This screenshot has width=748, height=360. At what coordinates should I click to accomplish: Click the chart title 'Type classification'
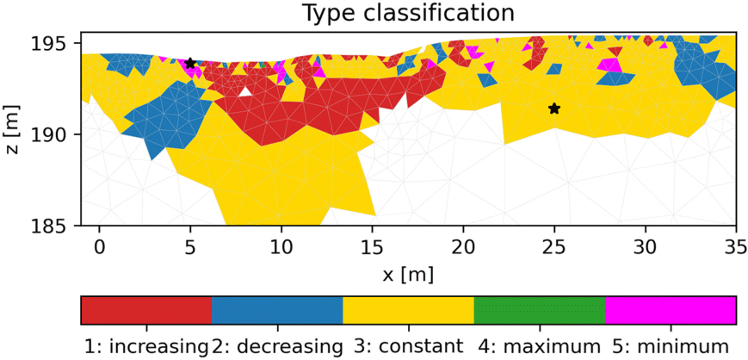click(x=408, y=13)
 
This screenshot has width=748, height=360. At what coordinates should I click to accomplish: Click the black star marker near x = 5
click(x=190, y=64)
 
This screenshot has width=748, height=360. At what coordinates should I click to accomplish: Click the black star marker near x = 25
click(x=554, y=109)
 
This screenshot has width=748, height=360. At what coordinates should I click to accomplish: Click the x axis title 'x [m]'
click(x=408, y=274)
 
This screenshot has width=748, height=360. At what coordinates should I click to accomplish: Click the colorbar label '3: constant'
click(x=408, y=346)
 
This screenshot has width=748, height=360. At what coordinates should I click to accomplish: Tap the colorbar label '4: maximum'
click(x=540, y=346)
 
